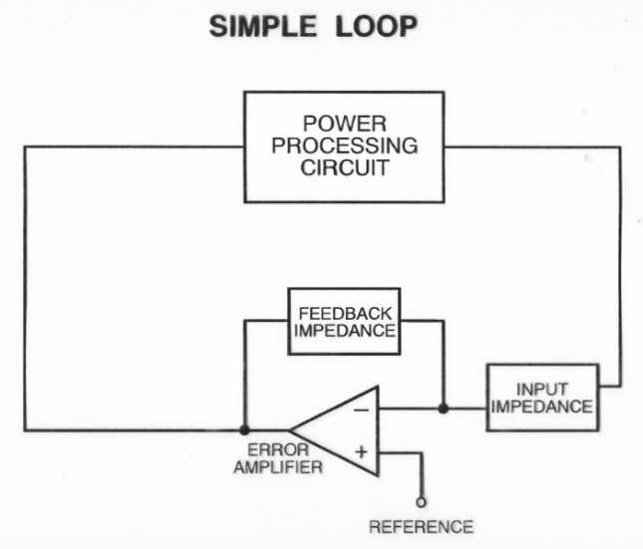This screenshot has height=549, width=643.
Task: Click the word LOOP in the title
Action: pyautogui.click(x=376, y=27)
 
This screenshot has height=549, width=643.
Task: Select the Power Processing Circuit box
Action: pyautogui.click(x=345, y=146)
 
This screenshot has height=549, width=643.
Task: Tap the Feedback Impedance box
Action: pyautogui.click(x=343, y=322)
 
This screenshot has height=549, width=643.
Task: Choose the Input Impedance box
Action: pyautogui.click(x=541, y=398)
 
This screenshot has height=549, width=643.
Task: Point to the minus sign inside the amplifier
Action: pyautogui.click(x=361, y=409)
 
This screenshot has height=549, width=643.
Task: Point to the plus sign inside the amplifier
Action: pyautogui.click(x=361, y=452)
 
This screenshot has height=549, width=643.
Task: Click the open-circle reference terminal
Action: pyautogui.click(x=421, y=503)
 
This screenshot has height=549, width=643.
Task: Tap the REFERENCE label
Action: pyautogui.click(x=421, y=526)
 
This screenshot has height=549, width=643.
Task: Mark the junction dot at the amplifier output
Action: pyautogui.click(x=244, y=430)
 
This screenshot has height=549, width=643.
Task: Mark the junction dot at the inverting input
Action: pyautogui.click(x=442, y=408)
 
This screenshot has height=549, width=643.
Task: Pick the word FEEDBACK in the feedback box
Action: pyautogui.click(x=344, y=313)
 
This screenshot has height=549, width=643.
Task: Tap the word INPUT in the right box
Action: pyautogui.click(x=542, y=389)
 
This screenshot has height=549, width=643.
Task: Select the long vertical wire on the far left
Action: pyautogui.click(x=25, y=289)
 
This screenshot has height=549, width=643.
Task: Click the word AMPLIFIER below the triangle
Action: pyautogui.click(x=285, y=467)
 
